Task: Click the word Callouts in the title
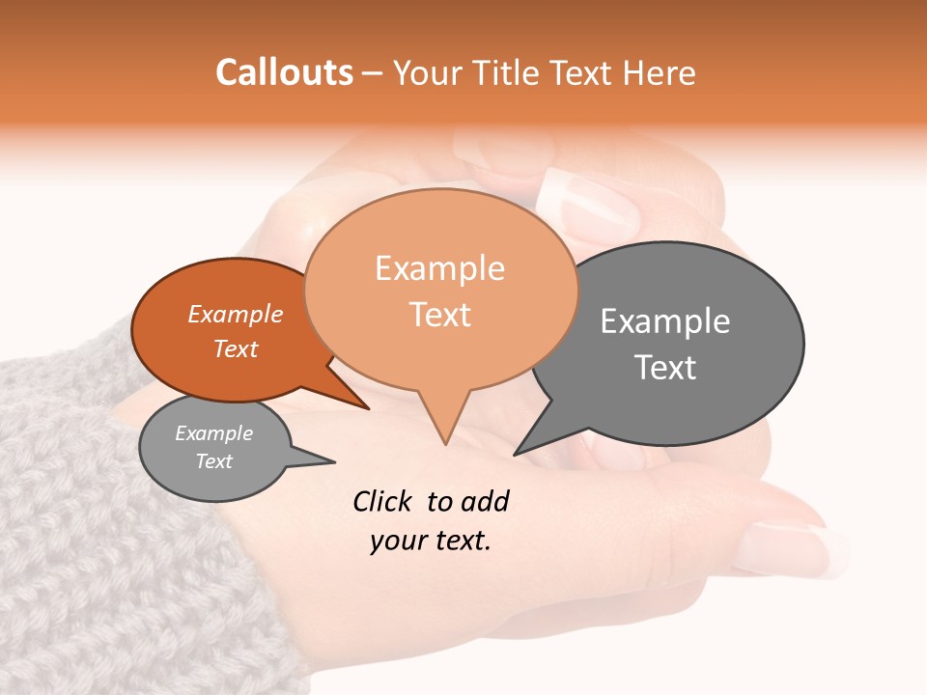tap(284, 72)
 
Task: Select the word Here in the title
tap(655, 72)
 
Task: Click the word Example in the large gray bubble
tap(665, 321)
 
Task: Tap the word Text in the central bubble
tap(440, 315)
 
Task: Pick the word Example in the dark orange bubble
tap(236, 314)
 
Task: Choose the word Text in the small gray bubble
tap(214, 461)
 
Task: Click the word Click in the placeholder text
tap(383, 501)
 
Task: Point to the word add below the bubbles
tap(484, 501)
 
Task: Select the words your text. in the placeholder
tap(431, 541)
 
